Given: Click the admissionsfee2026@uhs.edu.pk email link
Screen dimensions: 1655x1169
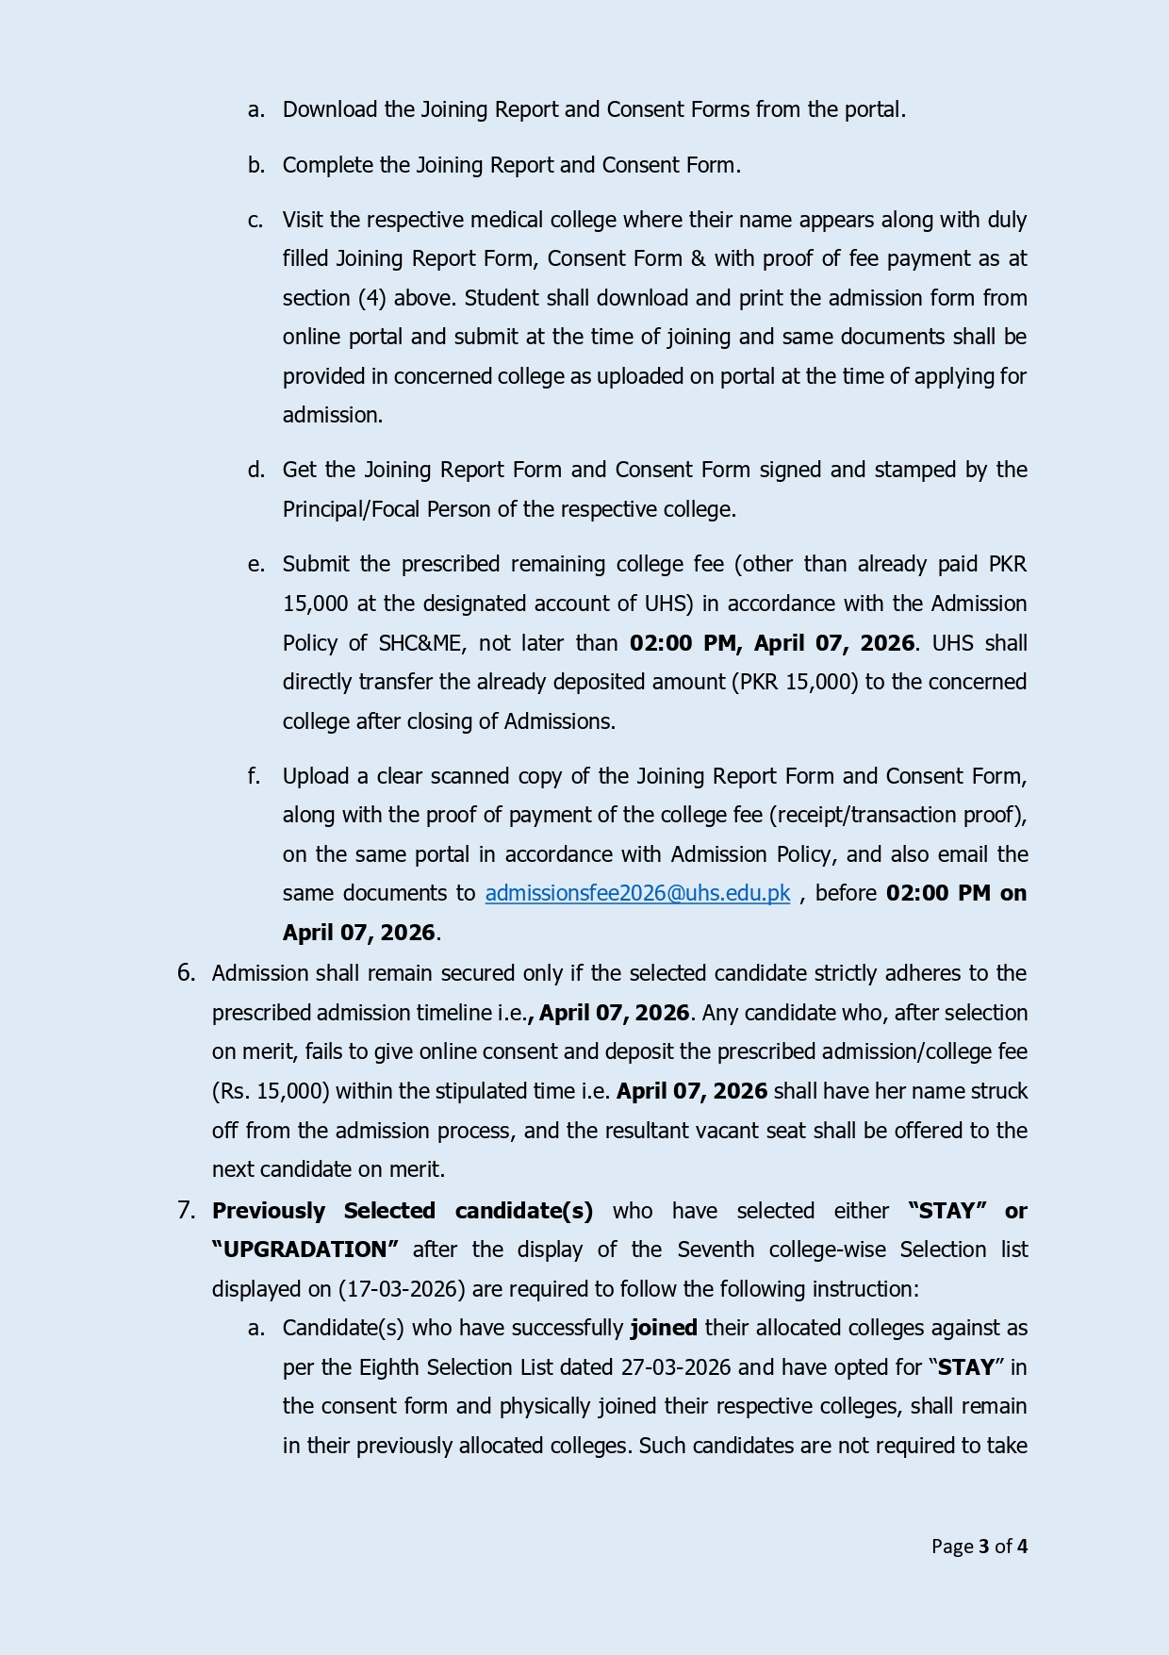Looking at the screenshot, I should click(637, 893).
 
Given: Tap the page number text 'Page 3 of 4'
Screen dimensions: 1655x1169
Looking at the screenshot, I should click(979, 1546).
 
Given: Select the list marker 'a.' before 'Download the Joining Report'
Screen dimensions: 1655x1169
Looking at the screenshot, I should click(255, 110).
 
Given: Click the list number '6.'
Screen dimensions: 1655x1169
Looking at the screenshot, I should click(186, 973).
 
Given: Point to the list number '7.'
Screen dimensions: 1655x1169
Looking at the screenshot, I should click(186, 1211).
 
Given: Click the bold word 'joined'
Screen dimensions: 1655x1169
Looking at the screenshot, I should click(664, 1328).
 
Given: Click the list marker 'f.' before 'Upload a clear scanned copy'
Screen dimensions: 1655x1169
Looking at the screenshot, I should click(254, 776).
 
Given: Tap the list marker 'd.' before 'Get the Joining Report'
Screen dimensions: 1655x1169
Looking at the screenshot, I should click(255, 470).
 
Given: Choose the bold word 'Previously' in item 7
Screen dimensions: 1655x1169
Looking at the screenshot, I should click(269, 1211).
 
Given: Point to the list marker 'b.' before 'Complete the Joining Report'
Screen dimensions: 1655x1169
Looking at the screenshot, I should click(255, 165).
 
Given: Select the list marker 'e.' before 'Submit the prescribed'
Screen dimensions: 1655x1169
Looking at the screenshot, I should click(255, 564).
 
